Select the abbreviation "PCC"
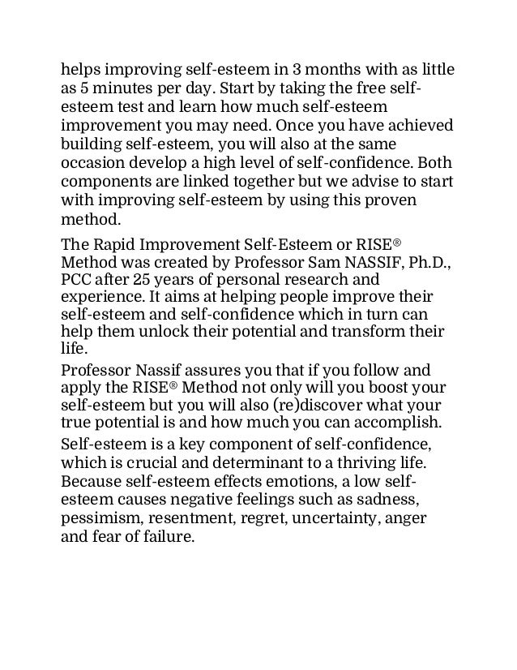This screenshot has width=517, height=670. pyautogui.click(x=79, y=281)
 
